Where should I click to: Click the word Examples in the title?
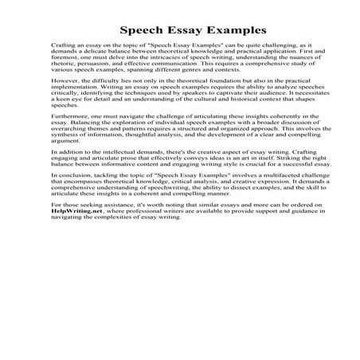tap(219, 31)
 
